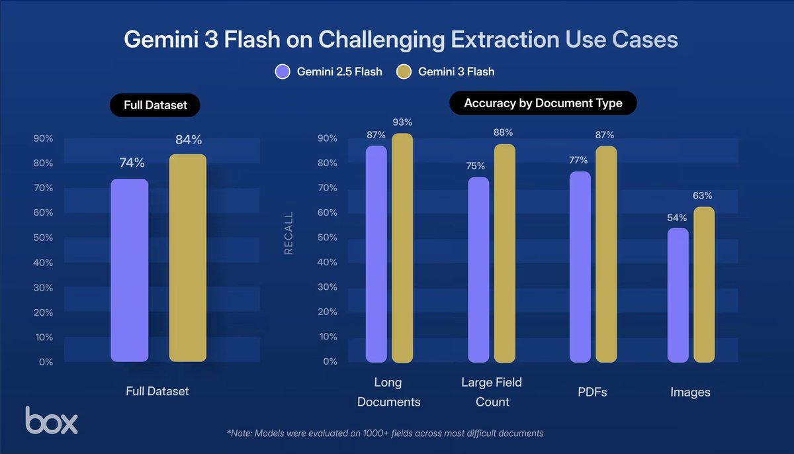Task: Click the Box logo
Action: click(52, 420)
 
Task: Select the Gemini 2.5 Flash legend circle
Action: click(283, 71)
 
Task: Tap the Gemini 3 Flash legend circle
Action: click(404, 71)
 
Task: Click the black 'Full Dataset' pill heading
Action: click(155, 105)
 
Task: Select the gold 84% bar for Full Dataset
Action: click(188, 258)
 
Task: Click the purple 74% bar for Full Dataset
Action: click(129, 270)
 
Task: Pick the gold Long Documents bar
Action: click(402, 248)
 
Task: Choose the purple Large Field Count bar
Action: click(478, 270)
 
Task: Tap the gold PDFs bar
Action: click(606, 255)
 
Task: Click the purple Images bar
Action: click(678, 295)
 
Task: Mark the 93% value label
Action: click(402, 122)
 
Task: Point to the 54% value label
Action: click(678, 218)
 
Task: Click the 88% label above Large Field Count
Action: click(503, 133)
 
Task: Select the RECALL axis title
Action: click(288, 234)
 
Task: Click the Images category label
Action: click(690, 392)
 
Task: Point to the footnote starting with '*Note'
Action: click(385, 433)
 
